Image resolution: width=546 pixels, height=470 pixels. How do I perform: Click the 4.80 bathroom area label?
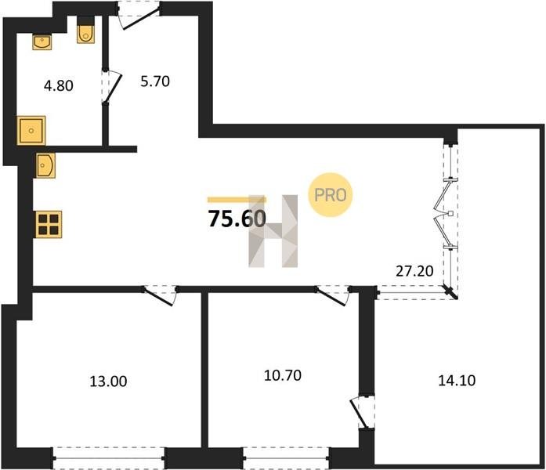pos(59,85)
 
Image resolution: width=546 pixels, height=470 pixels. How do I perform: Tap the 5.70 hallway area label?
pos(155,81)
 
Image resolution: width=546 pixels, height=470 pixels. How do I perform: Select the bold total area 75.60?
pos(237,219)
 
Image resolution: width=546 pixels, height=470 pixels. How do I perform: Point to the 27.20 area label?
pos(414,271)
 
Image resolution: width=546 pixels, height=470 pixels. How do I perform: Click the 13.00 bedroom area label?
pos(108,381)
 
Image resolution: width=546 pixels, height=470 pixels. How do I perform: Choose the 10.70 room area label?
pos(283,376)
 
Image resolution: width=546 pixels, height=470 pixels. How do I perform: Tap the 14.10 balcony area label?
pos(457,381)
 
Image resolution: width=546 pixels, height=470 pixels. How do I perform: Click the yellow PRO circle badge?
pos(331,195)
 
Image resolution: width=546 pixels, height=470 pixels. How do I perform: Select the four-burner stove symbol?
pos(49,225)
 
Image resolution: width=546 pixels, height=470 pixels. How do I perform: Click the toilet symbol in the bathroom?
pos(85,31)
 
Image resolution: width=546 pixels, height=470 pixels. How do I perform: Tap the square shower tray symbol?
pos(31,131)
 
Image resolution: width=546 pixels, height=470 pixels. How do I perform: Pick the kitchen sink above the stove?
pos(45,165)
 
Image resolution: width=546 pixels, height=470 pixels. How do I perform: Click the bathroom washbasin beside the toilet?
pos(42,42)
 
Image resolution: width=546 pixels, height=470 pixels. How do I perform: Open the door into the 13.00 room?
pos(160,295)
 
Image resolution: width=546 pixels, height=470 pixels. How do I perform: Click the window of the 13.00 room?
pos(108,458)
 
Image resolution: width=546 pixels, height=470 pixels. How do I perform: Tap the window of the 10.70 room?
pos(286,458)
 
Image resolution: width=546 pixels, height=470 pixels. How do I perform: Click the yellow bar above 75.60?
pos(237,200)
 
